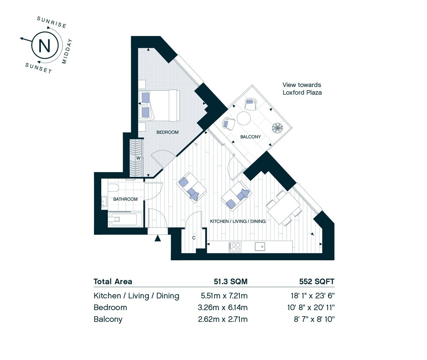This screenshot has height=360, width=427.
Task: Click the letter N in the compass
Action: [x=44, y=46]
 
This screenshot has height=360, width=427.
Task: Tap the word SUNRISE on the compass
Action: [x=52, y=22]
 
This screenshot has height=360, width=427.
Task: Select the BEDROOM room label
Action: [x=168, y=132]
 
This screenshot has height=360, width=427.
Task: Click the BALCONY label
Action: [x=251, y=137]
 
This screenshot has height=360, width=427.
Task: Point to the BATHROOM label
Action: [x=125, y=199]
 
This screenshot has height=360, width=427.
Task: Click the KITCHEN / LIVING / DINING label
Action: [x=238, y=221]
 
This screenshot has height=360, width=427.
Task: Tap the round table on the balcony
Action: [x=244, y=118]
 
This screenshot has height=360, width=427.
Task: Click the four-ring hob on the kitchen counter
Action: [x=235, y=247]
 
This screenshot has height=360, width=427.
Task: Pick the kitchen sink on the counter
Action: [x=260, y=247]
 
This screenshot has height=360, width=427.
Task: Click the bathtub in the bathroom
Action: [x=125, y=219]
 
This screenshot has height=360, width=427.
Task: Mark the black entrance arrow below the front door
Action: [x=158, y=238]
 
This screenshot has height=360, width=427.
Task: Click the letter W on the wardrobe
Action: [x=138, y=158]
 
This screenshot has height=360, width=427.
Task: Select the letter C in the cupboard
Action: [x=194, y=238]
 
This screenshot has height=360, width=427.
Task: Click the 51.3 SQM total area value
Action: [x=231, y=282]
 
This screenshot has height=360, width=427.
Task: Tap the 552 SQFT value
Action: [x=317, y=282]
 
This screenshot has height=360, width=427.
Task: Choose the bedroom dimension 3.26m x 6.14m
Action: [x=223, y=308]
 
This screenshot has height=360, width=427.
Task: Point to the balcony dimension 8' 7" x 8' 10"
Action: [x=314, y=319]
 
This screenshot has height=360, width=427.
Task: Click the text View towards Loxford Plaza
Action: [x=302, y=89]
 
